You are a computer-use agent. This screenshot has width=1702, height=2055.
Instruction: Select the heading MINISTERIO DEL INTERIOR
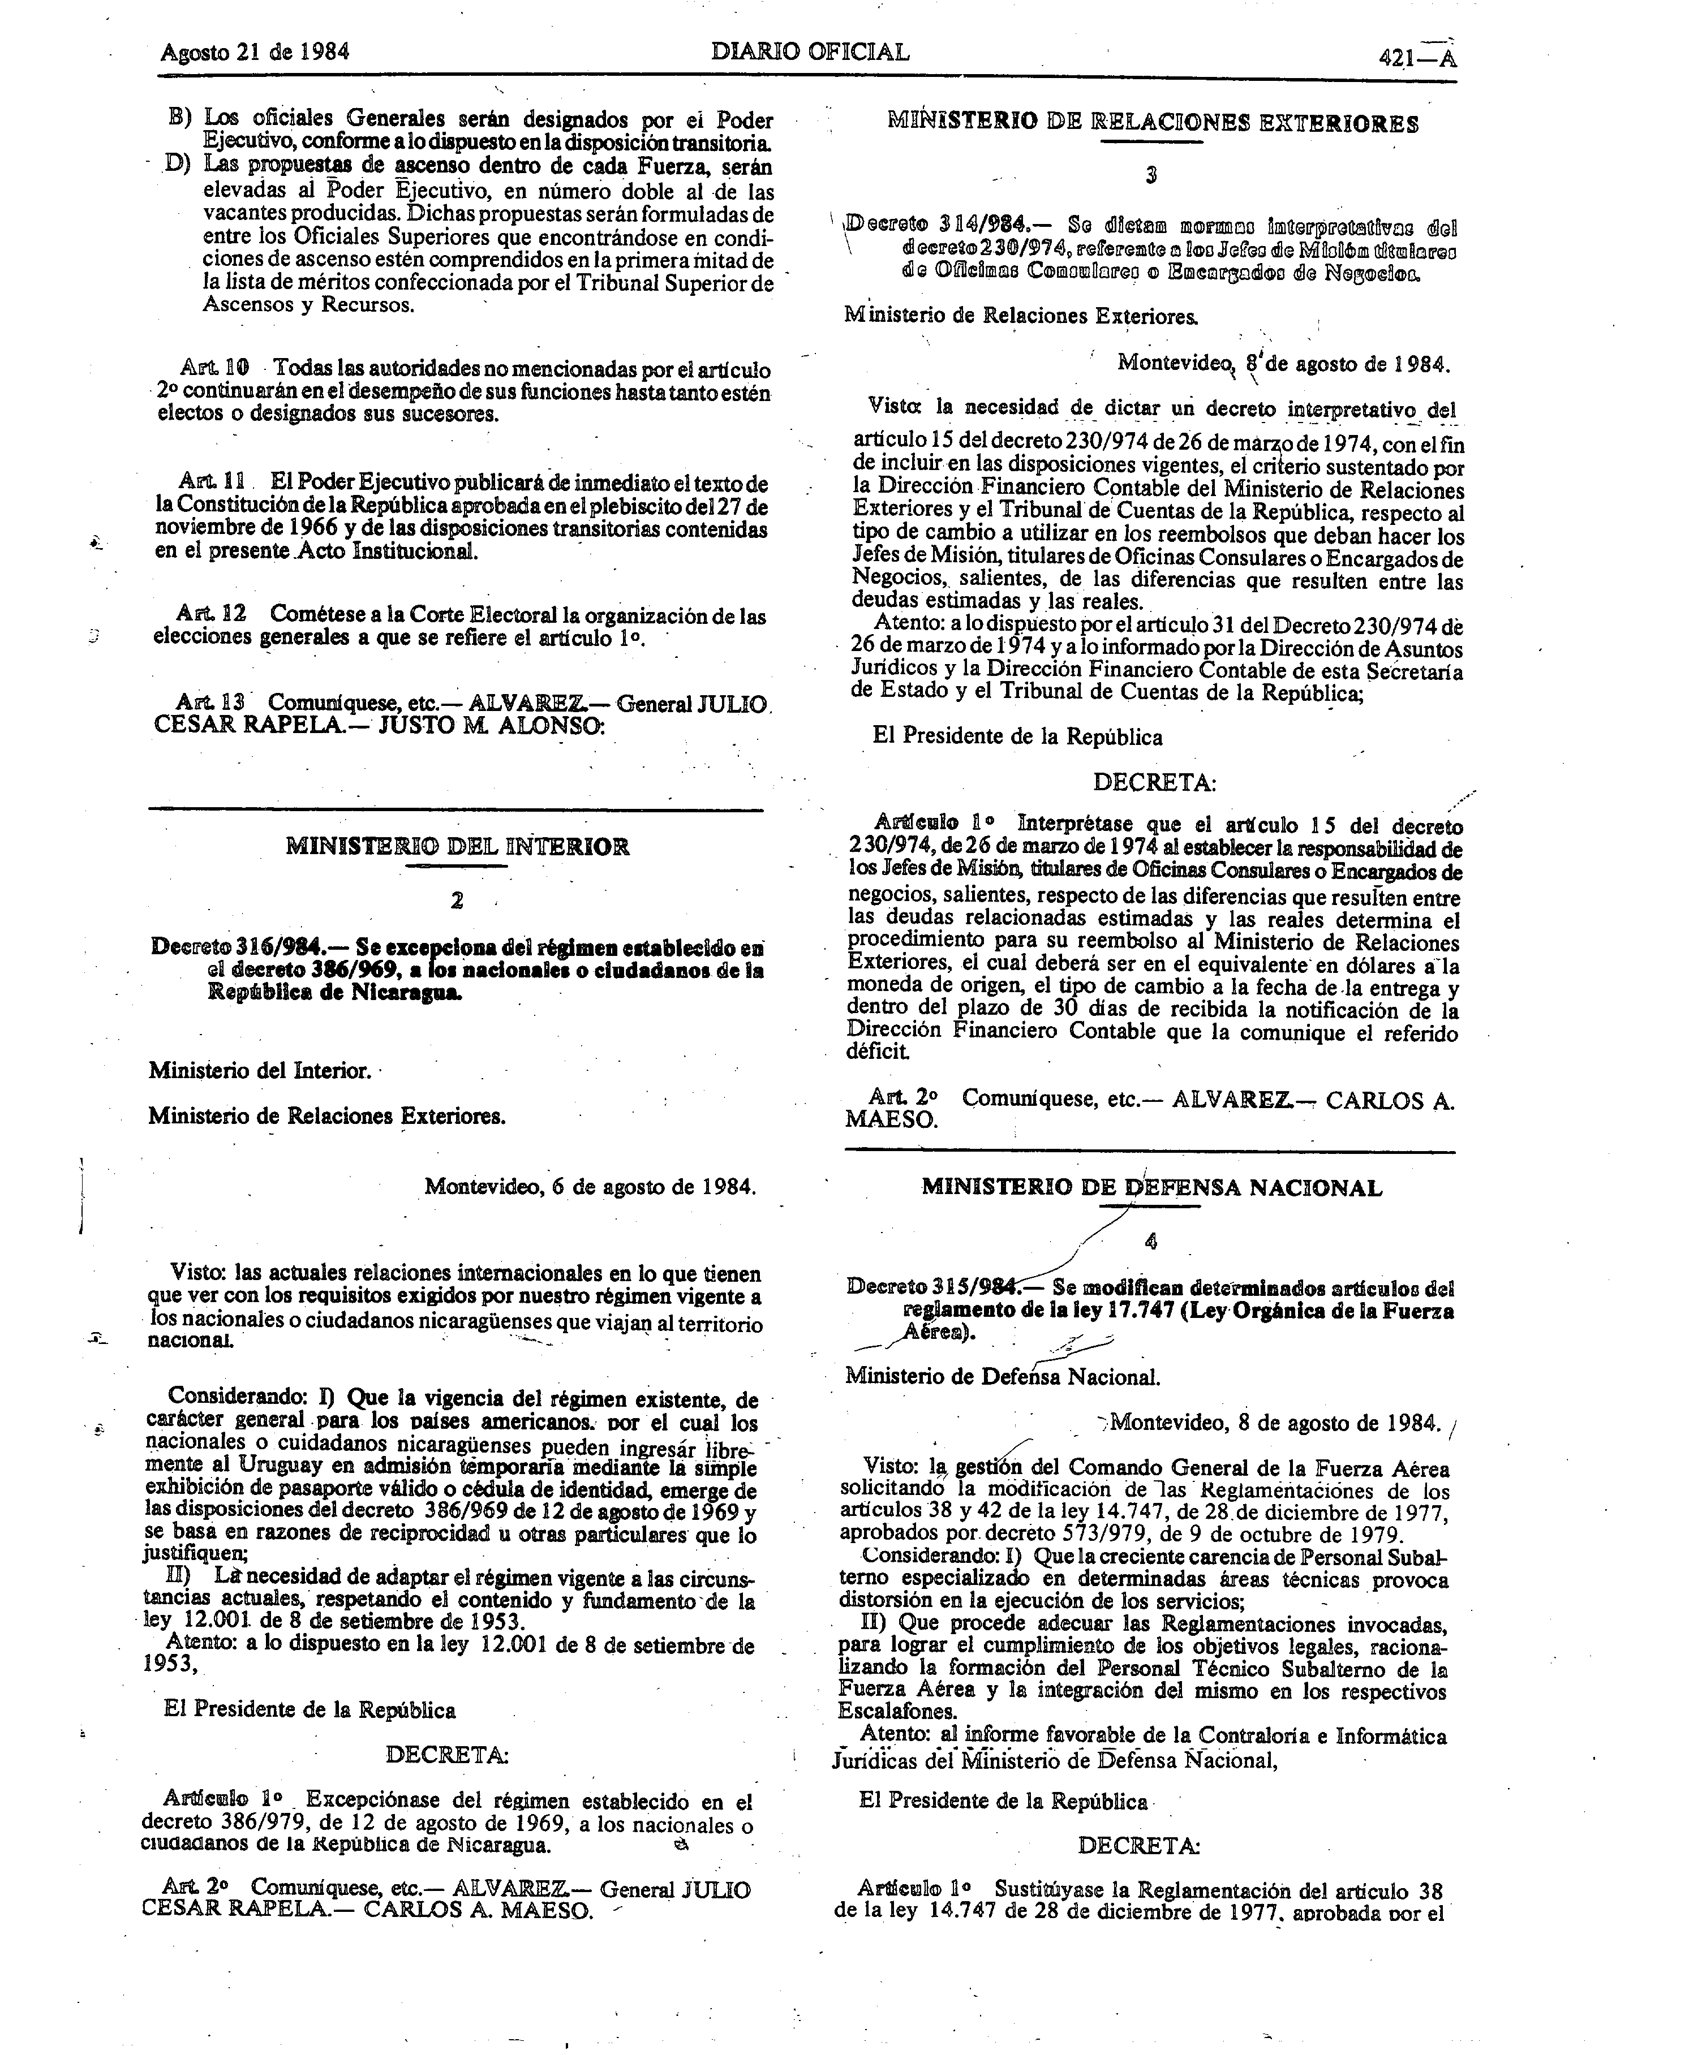click(457, 846)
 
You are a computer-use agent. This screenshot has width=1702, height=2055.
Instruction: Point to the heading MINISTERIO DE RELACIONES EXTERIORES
click(1152, 123)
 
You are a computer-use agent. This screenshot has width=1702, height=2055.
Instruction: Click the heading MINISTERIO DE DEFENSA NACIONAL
click(1152, 1188)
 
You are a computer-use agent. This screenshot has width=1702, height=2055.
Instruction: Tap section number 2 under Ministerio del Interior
click(457, 901)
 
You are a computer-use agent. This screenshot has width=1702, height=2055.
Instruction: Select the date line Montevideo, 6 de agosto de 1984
click(590, 1187)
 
